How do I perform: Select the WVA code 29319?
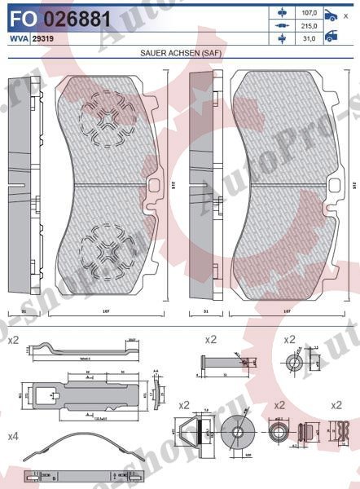coord(43,38)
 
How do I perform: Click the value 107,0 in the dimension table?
coord(307,14)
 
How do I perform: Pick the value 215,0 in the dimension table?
coord(307,26)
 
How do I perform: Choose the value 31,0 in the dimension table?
coord(307,38)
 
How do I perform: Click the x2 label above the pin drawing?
coord(210,339)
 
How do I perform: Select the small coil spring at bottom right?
coord(306,431)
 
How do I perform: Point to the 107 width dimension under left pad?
coord(105,311)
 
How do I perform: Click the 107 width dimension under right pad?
coord(285,311)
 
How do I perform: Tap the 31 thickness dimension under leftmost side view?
coord(24,311)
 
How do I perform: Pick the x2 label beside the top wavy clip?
coord(12,339)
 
